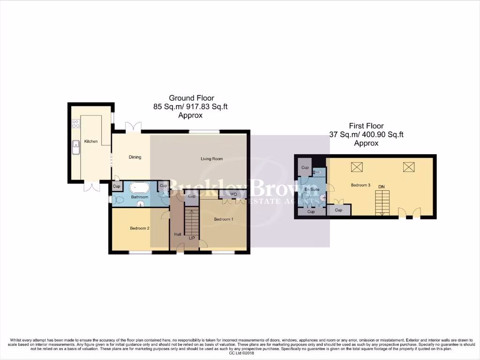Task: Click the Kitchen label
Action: click(x=90, y=141)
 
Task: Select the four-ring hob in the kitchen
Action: click(x=75, y=124)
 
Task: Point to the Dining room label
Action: click(x=135, y=157)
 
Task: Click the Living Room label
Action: click(x=211, y=159)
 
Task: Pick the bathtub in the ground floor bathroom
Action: click(x=139, y=188)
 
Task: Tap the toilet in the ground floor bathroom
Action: click(x=118, y=200)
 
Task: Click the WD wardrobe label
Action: click(x=233, y=194)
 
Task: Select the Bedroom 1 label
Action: click(x=223, y=219)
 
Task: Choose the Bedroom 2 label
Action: click(x=140, y=228)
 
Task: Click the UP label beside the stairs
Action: click(x=191, y=238)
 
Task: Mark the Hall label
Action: click(x=178, y=234)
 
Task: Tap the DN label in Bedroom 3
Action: click(x=382, y=187)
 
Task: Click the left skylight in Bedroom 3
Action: click(x=357, y=166)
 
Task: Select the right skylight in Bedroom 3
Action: click(x=408, y=166)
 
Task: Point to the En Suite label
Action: click(x=312, y=189)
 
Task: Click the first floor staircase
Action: click(x=382, y=203)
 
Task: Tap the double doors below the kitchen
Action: click(x=92, y=187)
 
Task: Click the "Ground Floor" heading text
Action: click(x=191, y=98)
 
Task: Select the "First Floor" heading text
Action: click(x=366, y=126)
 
